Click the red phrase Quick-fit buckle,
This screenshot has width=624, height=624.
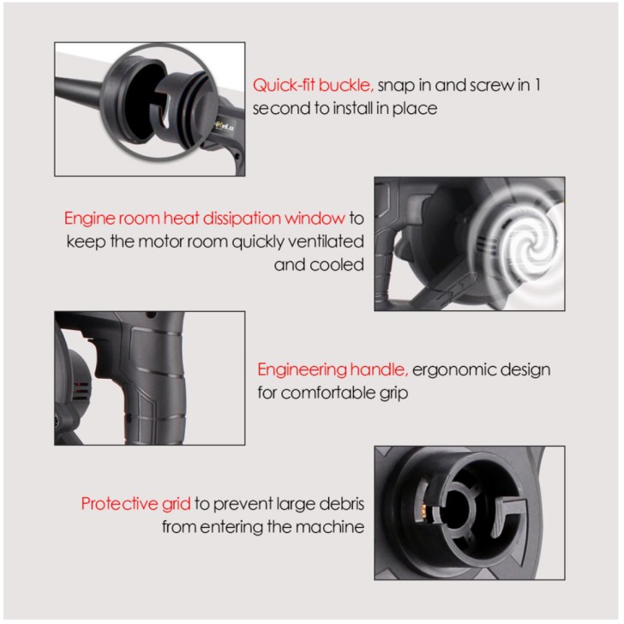(x=313, y=86)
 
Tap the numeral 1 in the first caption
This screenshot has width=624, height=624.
(x=537, y=85)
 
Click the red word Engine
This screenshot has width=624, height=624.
(x=89, y=219)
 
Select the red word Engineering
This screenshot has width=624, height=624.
(x=302, y=370)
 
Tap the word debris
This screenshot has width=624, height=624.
(x=343, y=504)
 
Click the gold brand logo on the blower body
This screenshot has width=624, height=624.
(x=225, y=126)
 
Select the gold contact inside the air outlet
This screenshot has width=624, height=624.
(x=423, y=510)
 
